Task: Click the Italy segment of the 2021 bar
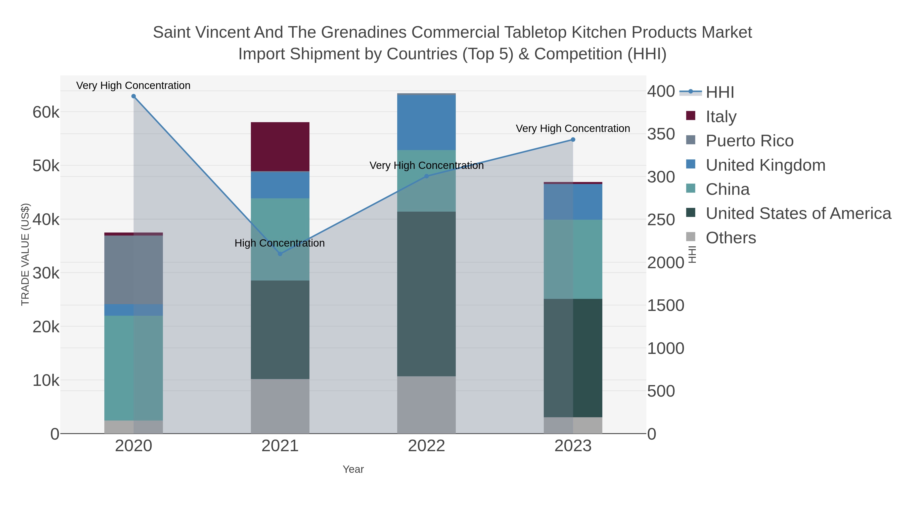point(280,147)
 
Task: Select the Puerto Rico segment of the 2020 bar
point(133,269)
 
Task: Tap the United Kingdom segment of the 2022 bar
point(426,123)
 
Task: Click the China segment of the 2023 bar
point(573,259)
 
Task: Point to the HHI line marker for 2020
point(133,96)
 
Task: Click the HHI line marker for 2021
point(280,254)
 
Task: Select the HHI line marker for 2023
point(573,140)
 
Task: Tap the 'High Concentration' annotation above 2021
point(279,243)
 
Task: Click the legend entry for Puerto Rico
point(749,141)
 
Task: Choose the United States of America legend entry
point(798,214)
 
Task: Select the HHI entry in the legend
point(719,92)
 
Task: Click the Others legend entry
point(730,238)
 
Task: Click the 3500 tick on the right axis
point(661,134)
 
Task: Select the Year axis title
point(353,469)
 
